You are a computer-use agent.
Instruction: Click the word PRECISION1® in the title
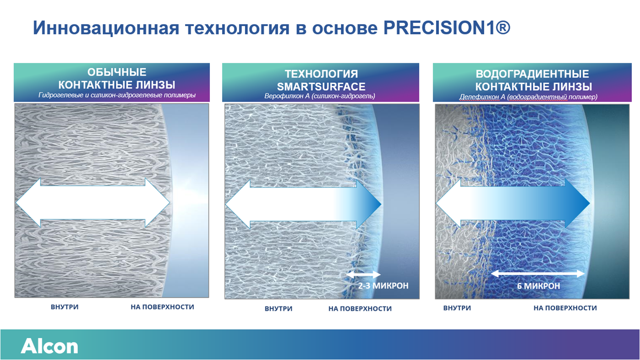tap(447, 28)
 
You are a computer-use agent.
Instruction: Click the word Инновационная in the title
tap(106, 28)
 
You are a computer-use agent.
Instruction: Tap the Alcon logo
tap(49, 346)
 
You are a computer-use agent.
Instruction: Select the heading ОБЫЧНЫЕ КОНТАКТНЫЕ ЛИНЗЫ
tap(117, 79)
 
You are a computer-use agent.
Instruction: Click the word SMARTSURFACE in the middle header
tap(321, 87)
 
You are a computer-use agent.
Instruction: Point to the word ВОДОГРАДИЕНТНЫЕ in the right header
tap(532, 74)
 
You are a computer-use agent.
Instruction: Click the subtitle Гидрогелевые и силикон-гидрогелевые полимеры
tap(117, 95)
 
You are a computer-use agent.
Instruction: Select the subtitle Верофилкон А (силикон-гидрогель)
tap(320, 96)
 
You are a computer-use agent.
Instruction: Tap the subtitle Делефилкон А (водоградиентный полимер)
tap(528, 97)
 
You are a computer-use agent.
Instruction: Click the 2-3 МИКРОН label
tap(383, 285)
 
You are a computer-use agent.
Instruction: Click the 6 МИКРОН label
tap(539, 286)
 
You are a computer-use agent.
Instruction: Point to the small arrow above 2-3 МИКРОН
tap(363, 274)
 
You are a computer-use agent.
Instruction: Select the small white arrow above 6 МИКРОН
tap(537, 274)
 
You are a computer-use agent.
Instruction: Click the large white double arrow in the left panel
tap(93, 202)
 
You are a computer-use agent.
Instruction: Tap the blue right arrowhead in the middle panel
tap(369, 204)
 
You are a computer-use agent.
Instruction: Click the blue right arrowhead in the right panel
tap(577, 203)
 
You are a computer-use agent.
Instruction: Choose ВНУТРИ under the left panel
tap(65, 307)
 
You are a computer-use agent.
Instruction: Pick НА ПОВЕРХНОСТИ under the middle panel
tap(360, 309)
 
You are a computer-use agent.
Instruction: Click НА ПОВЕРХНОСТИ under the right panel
tap(565, 308)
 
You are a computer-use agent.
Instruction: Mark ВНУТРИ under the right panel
tap(457, 308)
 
